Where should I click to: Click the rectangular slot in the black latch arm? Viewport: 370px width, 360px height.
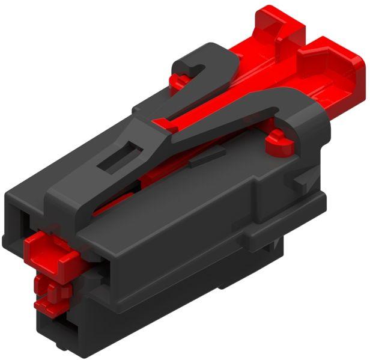point(121,156)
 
